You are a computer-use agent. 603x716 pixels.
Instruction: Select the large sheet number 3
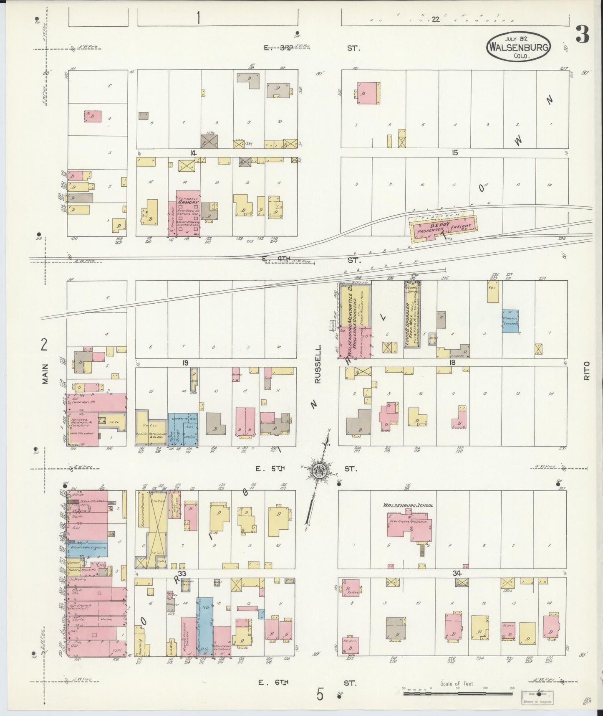582,35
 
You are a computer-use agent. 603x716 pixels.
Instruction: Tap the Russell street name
319,364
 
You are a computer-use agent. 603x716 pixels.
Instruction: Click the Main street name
45,373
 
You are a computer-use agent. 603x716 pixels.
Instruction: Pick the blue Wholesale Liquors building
88,547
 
